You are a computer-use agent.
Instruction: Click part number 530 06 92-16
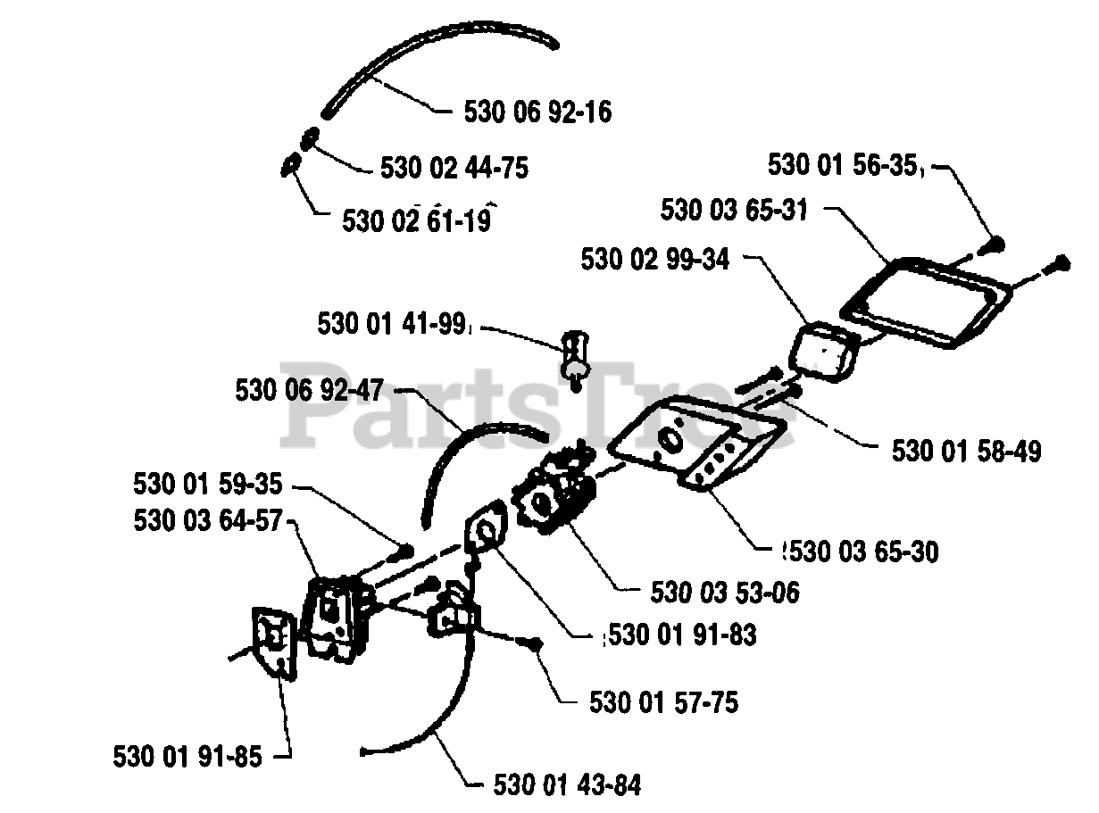point(538,112)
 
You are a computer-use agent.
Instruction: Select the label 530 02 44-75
point(454,168)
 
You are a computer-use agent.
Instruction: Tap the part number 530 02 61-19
point(417,220)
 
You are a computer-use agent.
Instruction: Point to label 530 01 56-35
point(843,166)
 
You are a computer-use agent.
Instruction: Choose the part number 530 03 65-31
point(735,211)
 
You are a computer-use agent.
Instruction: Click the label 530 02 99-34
point(654,260)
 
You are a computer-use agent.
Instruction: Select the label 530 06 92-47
point(310,390)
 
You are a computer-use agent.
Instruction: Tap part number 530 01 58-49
point(966,452)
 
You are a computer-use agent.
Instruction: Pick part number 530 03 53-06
point(725,591)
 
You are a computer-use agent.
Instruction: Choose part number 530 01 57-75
point(663,702)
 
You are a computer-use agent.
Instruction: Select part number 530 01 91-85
point(187,757)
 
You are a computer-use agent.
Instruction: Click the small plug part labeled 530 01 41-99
point(573,356)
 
